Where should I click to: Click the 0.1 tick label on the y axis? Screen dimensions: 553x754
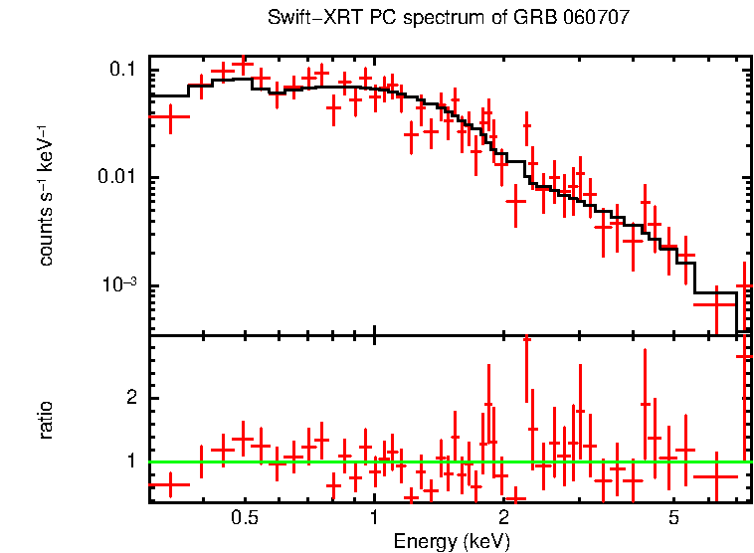(x=122, y=70)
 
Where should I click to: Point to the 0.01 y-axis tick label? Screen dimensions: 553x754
(x=117, y=178)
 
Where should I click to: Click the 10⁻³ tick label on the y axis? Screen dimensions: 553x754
(x=117, y=285)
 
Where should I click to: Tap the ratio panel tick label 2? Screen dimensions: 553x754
(x=129, y=398)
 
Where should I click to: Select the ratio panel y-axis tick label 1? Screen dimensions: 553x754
(x=129, y=461)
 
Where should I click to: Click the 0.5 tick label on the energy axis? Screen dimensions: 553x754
(x=245, y=519)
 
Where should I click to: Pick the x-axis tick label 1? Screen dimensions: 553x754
(x=374, y=519)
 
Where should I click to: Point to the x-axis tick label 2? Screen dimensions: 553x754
(x=503, y=519)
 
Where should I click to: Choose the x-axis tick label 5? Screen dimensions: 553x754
(x=673, y=519)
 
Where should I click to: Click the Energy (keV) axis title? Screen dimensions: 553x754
(x=452, y=542)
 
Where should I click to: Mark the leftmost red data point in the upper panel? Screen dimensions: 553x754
(x=169, y=116)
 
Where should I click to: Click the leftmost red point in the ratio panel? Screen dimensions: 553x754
(x=169, y=484)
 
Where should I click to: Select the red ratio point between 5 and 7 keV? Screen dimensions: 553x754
(x=715, y=476)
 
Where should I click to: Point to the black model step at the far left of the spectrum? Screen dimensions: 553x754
(x=169, y=95)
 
